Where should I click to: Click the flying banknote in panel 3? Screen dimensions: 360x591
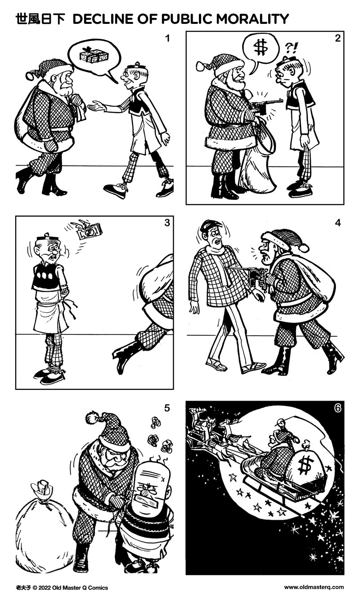coord(89,231)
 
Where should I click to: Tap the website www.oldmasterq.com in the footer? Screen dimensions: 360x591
coord(314,587)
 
